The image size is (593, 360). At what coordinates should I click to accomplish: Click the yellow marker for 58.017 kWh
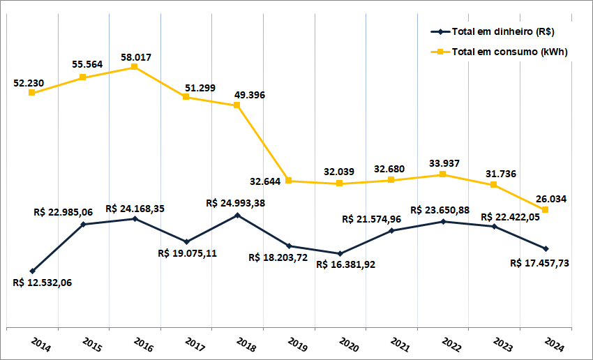[x=134, y=67]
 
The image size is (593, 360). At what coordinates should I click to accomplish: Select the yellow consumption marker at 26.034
[x=546, y=209]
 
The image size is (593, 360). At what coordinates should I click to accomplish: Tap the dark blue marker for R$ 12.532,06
[x=32, y=271]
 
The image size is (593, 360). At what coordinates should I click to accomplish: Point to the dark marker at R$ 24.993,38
[x=237, y=215]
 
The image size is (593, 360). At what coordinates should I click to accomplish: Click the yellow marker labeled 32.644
[x=288, y=181]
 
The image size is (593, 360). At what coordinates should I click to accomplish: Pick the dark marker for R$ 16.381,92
[x=340, y=253]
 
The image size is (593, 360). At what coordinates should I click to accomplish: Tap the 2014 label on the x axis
[x=41, y=345]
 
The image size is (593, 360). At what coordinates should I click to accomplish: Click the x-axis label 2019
[x=298, y=345]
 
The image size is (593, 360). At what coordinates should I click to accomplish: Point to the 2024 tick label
[x=555, y=345]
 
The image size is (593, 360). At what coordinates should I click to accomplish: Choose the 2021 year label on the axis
[x=400, y=345]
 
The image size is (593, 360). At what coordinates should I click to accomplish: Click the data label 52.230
[x=29, y=83]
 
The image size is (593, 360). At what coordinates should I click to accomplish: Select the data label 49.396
[x=250, y=95]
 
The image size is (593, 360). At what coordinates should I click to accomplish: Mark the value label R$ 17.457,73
[x=540, y=263]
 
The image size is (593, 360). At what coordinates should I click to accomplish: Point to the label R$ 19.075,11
[x=188, y=253]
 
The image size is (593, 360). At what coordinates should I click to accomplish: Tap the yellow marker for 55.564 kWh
[x=82, y=77]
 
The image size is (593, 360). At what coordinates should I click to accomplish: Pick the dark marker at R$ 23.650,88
[x=442, y=222]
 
